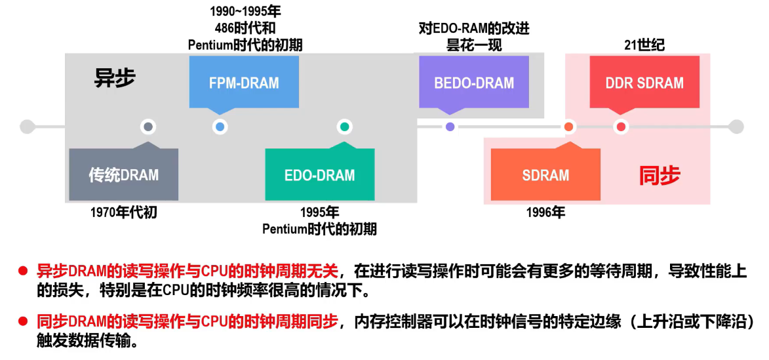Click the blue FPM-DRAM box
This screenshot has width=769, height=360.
pos(244,83)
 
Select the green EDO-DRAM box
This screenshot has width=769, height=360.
pos(319,175)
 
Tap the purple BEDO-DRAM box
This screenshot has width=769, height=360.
pos(473,83)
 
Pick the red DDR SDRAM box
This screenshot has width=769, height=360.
pos(644,83)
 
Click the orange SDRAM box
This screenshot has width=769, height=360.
pos(545,175)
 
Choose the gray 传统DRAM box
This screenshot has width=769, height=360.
pos(123,175)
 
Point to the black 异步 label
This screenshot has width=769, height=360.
pos(115,78)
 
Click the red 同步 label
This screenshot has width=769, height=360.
pos(660,175)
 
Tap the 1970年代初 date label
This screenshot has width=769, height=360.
pos(123,212)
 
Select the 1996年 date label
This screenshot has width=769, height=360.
pos(545,212)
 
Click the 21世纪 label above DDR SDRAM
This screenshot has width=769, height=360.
pos(644,45)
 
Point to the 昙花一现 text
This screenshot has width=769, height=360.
pos(473,45)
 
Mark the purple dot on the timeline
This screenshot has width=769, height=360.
pos(450,127)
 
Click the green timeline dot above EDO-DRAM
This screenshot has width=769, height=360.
pos(344,127)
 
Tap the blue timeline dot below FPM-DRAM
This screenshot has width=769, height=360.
pos(220,127)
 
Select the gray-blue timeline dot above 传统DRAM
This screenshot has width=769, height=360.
pos(148,127)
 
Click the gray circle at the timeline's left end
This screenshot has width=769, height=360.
pos(26,127)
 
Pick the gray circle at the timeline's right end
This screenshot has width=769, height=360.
pos(736,127)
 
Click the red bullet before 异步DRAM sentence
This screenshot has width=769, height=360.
pos(22,270)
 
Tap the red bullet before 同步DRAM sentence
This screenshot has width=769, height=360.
pos(22,321)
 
